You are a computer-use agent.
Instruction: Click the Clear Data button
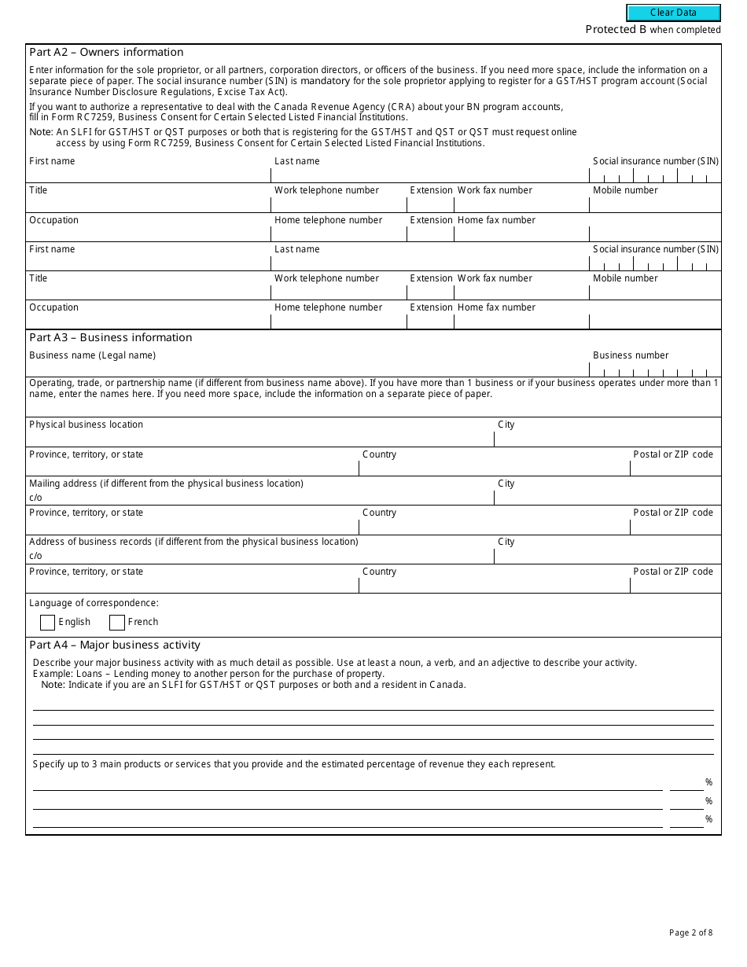673,13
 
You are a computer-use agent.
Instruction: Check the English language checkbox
47,623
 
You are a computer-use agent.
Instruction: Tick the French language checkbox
117,623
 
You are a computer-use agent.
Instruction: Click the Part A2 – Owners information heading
106,53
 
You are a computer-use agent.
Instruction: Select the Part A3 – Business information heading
110,337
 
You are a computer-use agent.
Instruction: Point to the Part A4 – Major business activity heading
115,645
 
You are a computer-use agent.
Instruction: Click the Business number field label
631,355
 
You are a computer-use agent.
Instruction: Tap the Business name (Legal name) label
92,355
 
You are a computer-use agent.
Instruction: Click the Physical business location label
86,425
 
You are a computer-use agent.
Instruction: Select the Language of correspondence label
94,603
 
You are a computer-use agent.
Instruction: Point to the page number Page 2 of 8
690,933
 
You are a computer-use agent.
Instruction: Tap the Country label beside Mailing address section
379,513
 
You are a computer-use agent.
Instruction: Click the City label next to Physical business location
506,425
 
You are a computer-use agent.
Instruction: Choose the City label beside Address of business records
506,542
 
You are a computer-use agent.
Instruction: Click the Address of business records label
193,542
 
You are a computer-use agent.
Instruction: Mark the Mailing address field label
166,483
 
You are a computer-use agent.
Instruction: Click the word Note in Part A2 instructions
40,132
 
